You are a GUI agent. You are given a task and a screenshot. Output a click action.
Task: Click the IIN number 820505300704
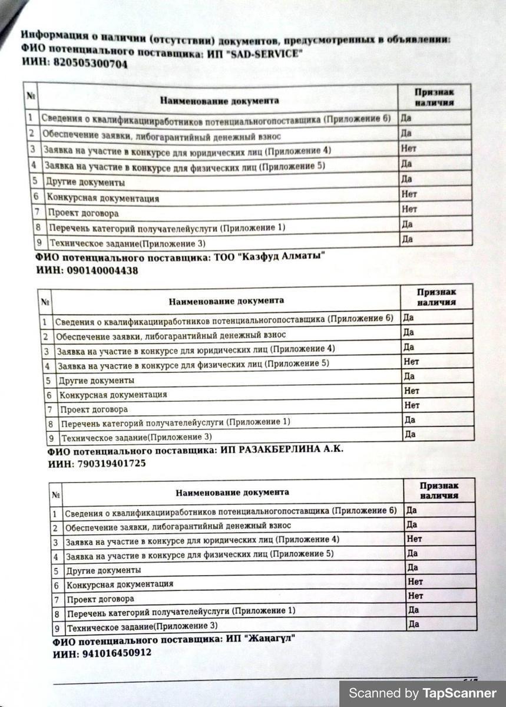[x=90, y=64]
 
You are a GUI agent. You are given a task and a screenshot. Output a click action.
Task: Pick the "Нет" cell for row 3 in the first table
[x=409, y=148]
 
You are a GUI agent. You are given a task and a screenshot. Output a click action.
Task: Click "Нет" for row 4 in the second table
[x=411, y=361]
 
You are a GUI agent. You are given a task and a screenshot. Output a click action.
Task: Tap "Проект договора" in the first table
[x=84, y=213]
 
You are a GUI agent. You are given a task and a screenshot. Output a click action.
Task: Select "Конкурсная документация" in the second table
[x=113, y=394]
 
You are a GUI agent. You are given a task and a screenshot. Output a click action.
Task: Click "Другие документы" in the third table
[x=103, y=570]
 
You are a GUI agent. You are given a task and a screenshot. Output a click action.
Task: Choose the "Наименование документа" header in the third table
[x=232, y=492]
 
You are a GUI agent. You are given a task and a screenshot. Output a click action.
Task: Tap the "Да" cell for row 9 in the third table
[x=414, y=624]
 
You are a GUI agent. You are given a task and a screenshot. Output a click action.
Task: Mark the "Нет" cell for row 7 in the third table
[x=415, y=596]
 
